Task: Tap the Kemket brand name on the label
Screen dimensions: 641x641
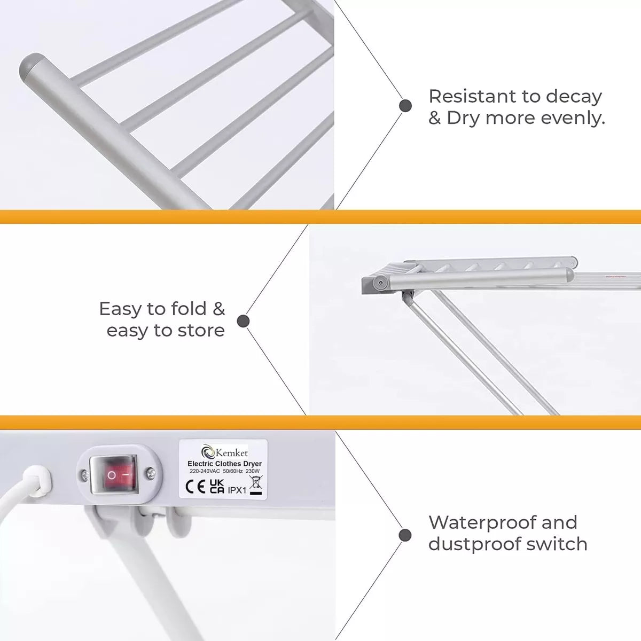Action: pyautogui.click(x=231, y=453)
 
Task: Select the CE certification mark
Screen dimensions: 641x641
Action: pyautogui.click(x=196, y=487)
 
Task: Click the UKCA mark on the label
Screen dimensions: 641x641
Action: pyautogui.click(x=217, y=486)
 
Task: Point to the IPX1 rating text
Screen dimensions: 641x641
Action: pyautogui.click(x=237, y=490)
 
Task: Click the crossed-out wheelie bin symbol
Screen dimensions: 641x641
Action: pyautogui.click(x=256, y=483)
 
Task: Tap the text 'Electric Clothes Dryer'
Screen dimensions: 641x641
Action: pyautogui.click(x=224, y=463)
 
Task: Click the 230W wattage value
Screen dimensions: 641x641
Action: pyautogui.click(x=253, y=471)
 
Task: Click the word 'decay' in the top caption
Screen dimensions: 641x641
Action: pyautogui.click(x=574, y=97)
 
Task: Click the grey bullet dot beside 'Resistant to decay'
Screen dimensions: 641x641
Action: pyautogui.click(x=405, y=106)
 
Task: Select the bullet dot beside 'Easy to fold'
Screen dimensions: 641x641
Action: pyautogui.click(x=243, y=321)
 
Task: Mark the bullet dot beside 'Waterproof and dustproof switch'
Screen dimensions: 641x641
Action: pyautogui.click(x=405, y=535)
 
